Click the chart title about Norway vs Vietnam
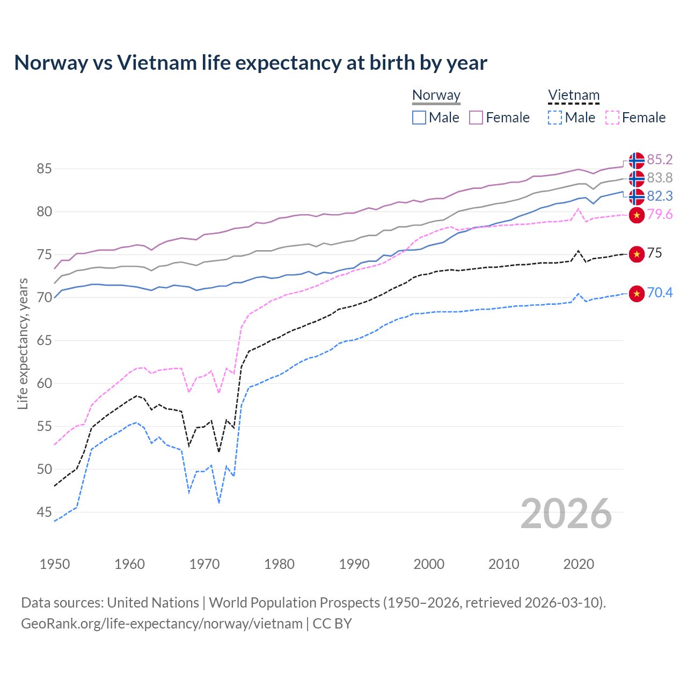(251, 63)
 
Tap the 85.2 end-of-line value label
(660, 159)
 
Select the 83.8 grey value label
(660, 178)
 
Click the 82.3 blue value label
(660, 196)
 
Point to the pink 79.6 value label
(660, 215)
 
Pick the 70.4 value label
(660, 293)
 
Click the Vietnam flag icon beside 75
(637, 254)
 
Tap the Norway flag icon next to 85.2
(637, 160)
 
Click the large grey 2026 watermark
(566, 514)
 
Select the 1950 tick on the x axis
(55, 564)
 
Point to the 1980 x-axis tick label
(279, 564)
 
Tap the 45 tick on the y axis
(44, 512)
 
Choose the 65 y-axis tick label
(44, 340)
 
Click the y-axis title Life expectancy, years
(23, 343)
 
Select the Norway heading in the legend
(436, 95)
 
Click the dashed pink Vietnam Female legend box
(612, 118)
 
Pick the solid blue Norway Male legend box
(419, 118)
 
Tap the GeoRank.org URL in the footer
(162, 624)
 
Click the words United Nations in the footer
(153, 603)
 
